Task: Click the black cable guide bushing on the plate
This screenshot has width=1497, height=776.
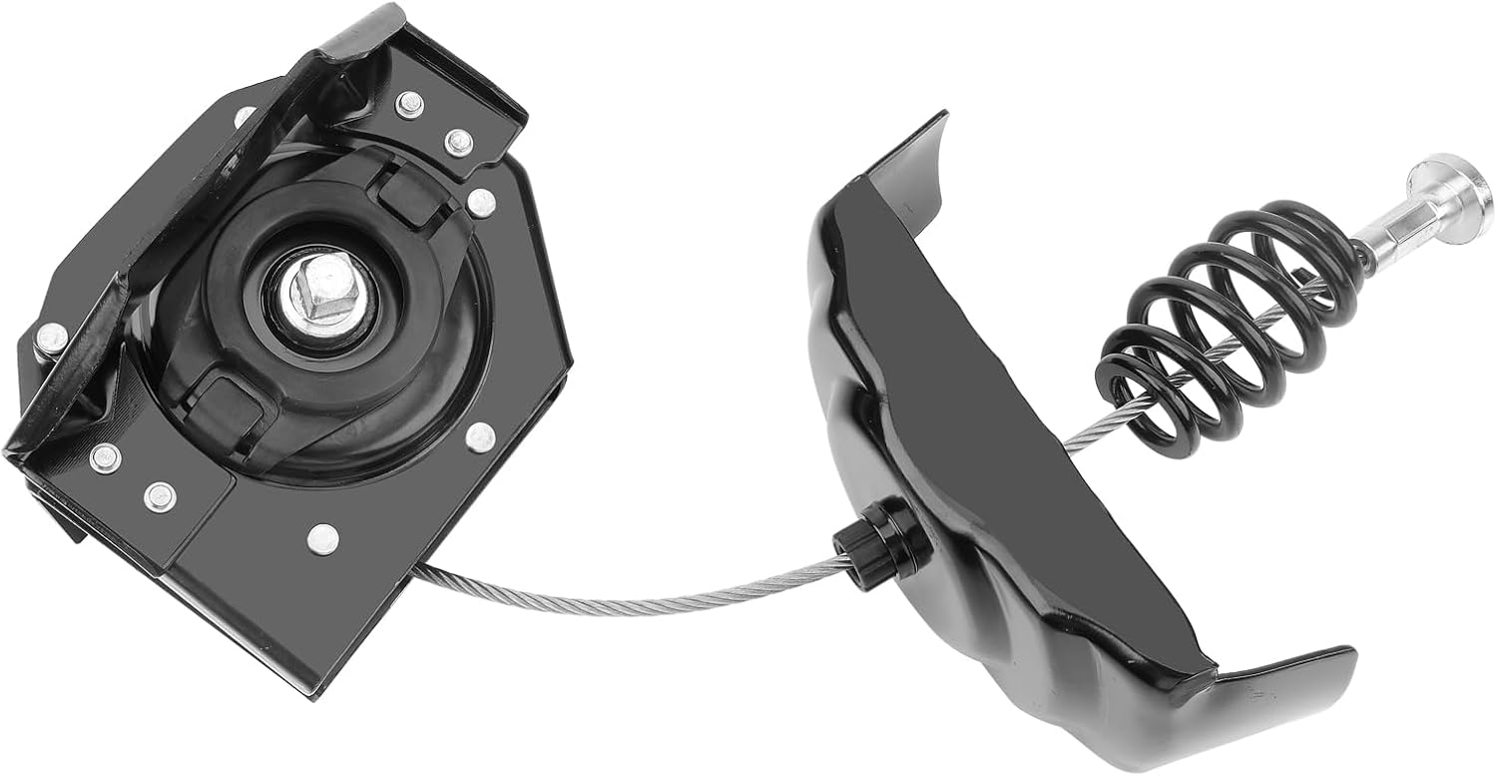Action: [x=887, y=545]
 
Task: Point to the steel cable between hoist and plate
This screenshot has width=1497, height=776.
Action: [x=639, y=596]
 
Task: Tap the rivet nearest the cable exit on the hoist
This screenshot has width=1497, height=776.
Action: [x=322, y=538]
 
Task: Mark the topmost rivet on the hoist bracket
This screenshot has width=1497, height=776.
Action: [x=408, y=103]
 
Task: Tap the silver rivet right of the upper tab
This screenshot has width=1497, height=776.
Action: [x=480, y=202]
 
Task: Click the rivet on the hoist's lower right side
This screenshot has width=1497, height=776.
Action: [x=480, y=435]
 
